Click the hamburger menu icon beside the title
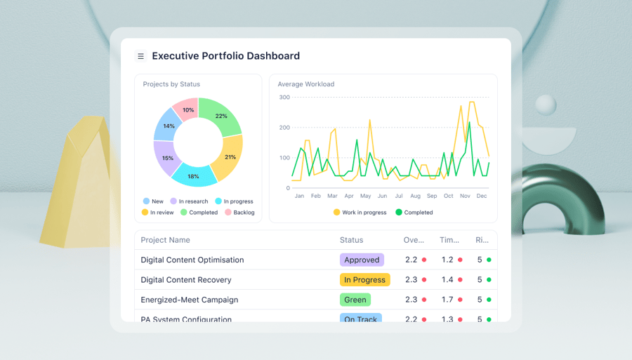[x=140, y=56]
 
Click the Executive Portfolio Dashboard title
[x=225, y=56]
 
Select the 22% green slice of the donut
[x=220, y=116]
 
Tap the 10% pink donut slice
[x=187, y=110]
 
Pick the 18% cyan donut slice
[x=193, y=175]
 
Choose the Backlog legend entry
[x=239, y=212]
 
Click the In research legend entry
[x=189, y=201]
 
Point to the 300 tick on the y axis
[x=284, y=97]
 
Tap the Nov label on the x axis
[x=465, y=196]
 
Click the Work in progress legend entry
[x=360, y=212]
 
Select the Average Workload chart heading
[x=305, y=84]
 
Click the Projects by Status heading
[x=171, y=84]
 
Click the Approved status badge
[x=362, y=260]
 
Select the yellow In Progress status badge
[x=364, y=279]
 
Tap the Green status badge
[x=355, y=300]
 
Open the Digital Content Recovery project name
[x=185, y=279]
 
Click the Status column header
[x=351, y=240]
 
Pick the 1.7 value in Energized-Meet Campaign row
[x=447, y=300]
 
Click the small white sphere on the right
[x=546, y=105]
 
